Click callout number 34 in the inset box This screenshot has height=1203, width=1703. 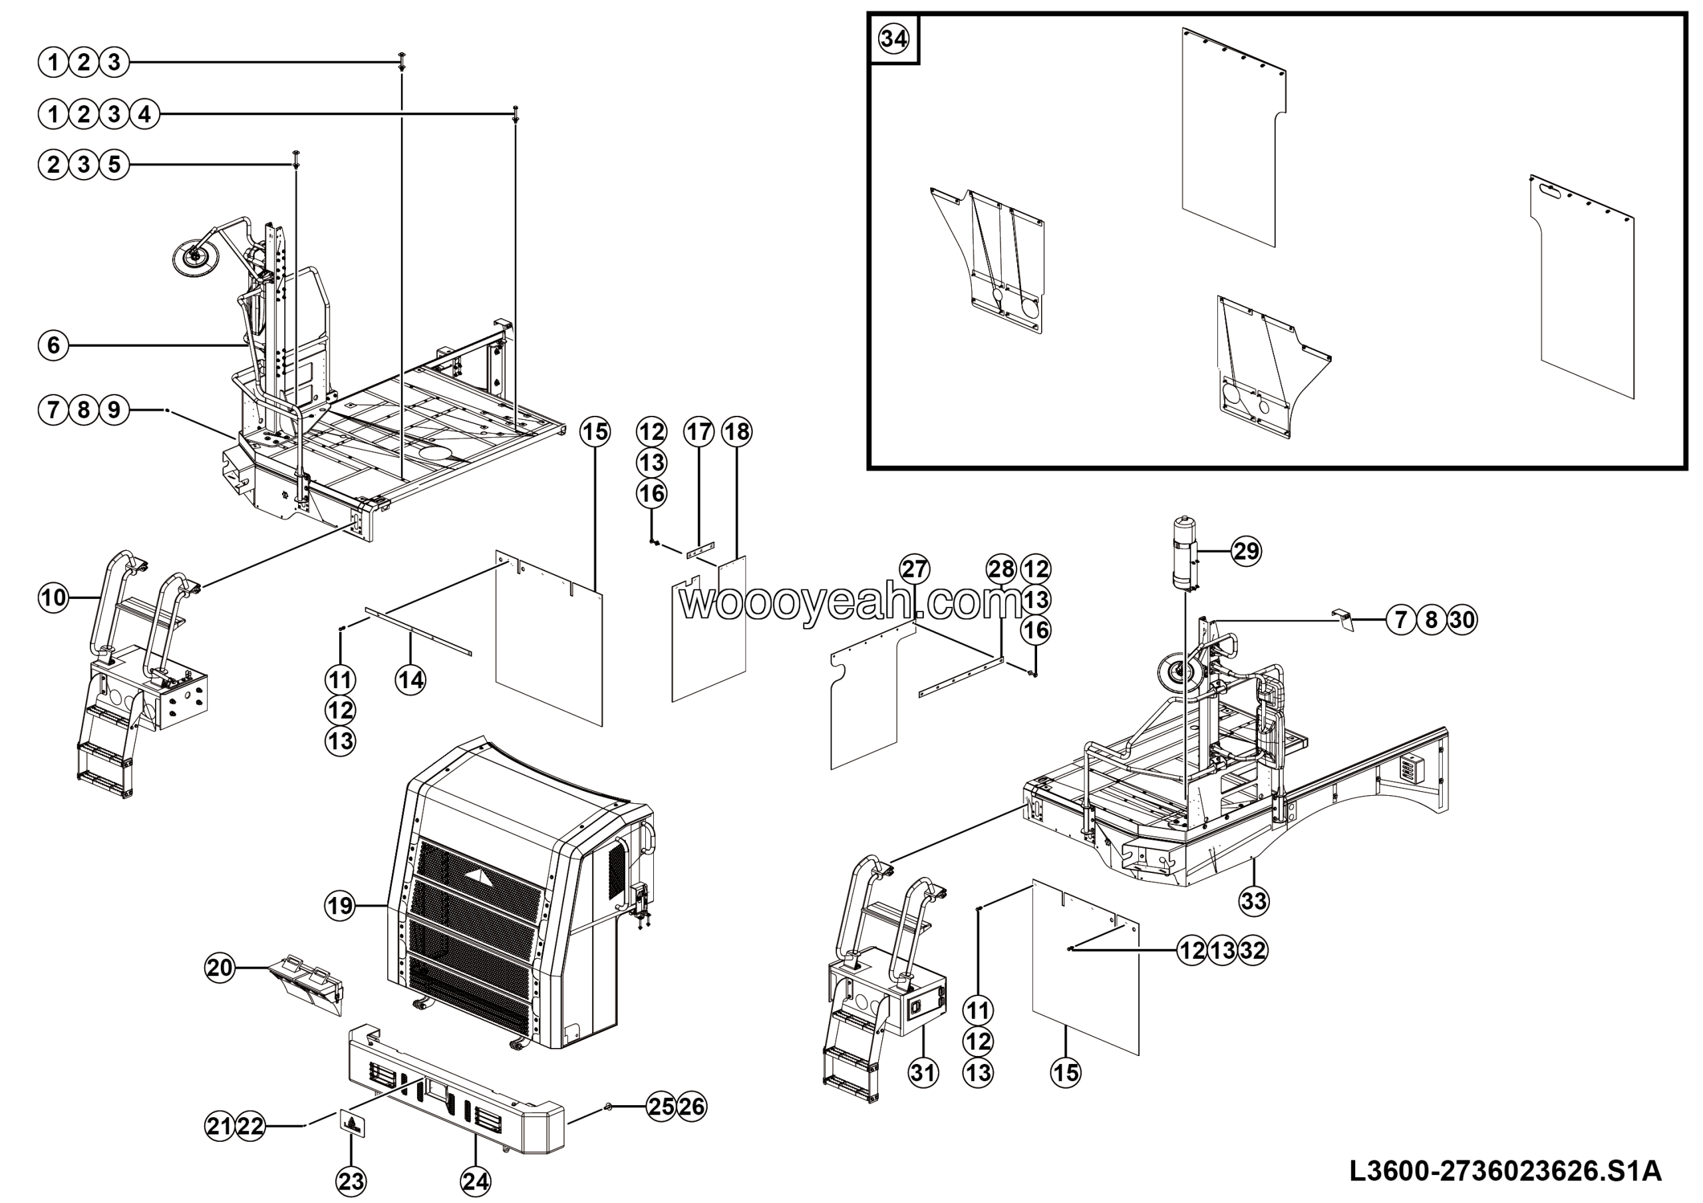pos(893,39)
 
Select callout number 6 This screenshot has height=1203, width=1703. pos(53,345)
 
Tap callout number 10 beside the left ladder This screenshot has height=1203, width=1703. pos(53,597)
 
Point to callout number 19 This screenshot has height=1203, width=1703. pos(341,906)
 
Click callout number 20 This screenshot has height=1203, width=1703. pos(220,967)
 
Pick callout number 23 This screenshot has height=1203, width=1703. pos(351,1181)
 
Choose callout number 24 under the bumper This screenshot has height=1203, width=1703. pos(476,1181)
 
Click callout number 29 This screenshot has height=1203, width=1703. pos(1246,551)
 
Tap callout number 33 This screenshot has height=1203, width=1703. pos(1253,901)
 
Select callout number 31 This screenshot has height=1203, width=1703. pos(923,1072)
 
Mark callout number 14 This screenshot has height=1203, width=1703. pos(411,679)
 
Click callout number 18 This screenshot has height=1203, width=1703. pos(736,432)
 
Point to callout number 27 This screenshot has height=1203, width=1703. pos(915,570)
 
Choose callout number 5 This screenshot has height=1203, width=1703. pos(114,164)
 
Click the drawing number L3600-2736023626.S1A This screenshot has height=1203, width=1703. pos(1505,1172)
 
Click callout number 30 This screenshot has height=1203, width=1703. pos(1462,619)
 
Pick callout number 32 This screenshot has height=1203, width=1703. pos(1253,950)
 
